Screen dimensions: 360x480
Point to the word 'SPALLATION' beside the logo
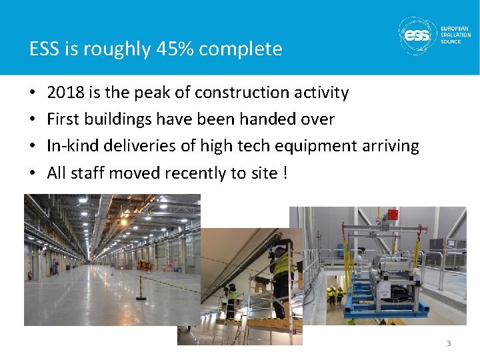click(x=455, y=35)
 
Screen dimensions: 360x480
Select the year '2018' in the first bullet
click(x=65, y=93)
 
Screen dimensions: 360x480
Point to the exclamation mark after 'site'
click(x=285, y=173)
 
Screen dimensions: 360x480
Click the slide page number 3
click(x=449, y=343)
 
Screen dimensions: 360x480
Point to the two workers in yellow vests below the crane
click(x=335, y=296)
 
